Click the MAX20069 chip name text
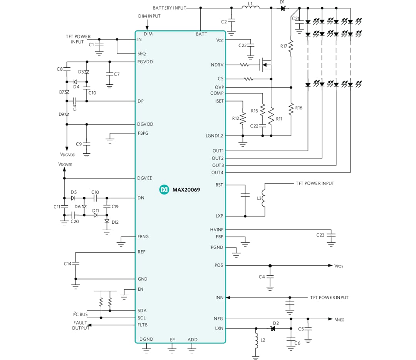pyautogui.click(x=186, y=190)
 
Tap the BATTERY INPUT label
pyautogui.click(x=169, y=8)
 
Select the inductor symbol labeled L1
pyautogui.click(x=251, y=7)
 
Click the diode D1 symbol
pyautogui.click(x=283, y=8)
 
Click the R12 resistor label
pyautogui.click(x=236, y=119)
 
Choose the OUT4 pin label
pyautogui.click(x=217, y=172)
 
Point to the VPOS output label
pyautogui.click(x=339, y=266)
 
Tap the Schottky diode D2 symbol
pyautogui.click(x=273, y=328)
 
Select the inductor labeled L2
pyautogui.click(x=256, y=340)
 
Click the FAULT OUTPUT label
pyautogui.click(x=80, y=325)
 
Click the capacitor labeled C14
pyautogui.click(x=76, y=264)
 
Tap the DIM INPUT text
pyautogui.click(x=149, y=16)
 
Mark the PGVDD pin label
pyautogui.click(x=145, y=62)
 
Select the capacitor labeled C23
pyautogui.click(x=330, y=235)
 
